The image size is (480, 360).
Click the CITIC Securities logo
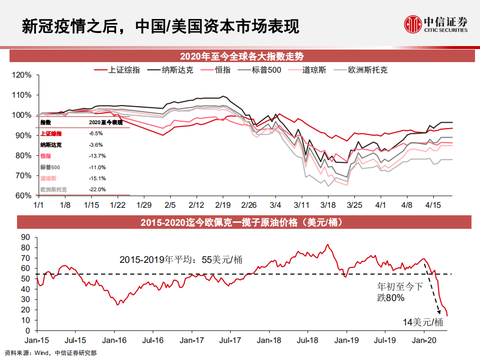tap(436, 24)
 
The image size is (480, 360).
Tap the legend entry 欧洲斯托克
tap(367, 70)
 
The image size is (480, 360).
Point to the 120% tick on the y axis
tap(21, 75)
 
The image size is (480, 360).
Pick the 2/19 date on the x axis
tap(223, 205)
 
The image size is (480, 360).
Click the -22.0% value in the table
tap(97, 190)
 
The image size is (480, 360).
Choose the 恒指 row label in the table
tap(46, 156)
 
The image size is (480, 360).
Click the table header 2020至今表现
tap(106, 122)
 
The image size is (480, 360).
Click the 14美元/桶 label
tap(423, 322)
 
